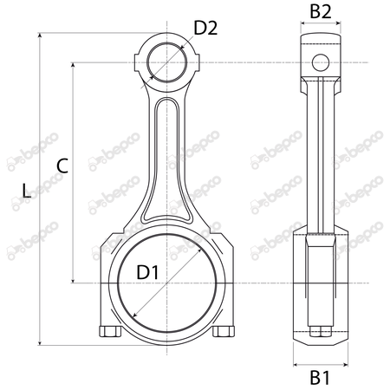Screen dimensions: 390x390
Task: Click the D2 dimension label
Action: (x=205, y=29)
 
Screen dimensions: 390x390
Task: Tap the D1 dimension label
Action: (x=147, y=272)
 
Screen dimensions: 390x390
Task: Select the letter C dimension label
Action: (x=62, y=166)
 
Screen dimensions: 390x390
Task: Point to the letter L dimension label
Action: (x=27, y=191)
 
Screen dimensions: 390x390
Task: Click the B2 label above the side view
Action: (x=321, y=12)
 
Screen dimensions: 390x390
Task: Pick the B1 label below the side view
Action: (x=320, y=378)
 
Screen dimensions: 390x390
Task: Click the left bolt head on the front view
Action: (x=110, y=331)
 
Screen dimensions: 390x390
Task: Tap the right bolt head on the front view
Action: (x=224, y=331)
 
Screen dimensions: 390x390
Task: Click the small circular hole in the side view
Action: (x=321, y=62)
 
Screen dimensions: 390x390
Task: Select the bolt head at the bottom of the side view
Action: (x=321, y=332)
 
